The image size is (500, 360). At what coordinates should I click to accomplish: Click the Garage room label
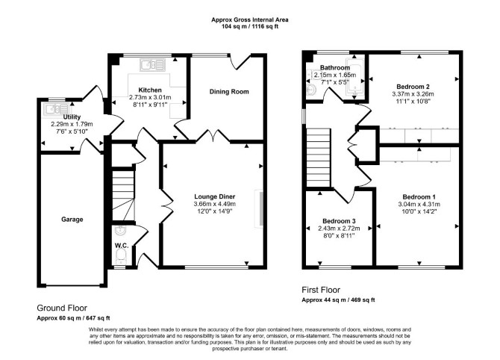tap(72, 220)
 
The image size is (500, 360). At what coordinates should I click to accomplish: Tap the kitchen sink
tap(153, 65)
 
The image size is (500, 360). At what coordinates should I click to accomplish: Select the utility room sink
tap(57, 109)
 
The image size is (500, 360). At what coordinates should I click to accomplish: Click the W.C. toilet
tap(120, 256)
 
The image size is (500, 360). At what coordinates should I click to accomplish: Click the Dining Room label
tap(229, 92)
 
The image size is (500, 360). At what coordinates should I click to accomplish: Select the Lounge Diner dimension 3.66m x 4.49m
tap(215, 204)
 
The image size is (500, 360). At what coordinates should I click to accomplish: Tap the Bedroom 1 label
tap(419, 197)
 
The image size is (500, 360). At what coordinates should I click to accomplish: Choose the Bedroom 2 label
tap(413, 87)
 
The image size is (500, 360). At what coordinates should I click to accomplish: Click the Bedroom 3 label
tap(339, 221)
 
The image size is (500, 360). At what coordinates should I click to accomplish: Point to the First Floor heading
tap(321, 290)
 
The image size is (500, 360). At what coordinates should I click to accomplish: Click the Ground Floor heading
tap(62, 308)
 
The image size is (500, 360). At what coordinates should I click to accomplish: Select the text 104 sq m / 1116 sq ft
tap(250, 26)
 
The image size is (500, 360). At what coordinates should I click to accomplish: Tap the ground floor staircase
tap(123, 196)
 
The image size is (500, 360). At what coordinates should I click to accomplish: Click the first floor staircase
tap(318, 158)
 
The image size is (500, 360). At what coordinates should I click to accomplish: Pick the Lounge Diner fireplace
tap(259, 209)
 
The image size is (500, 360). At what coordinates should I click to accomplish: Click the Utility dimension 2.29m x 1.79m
tap(72, 124)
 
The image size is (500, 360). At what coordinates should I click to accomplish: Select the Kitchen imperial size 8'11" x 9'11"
tap(150, 105)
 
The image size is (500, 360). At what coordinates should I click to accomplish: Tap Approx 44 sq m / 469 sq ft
tap(338, 300)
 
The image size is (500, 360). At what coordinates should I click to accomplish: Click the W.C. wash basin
tap(121, 229)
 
